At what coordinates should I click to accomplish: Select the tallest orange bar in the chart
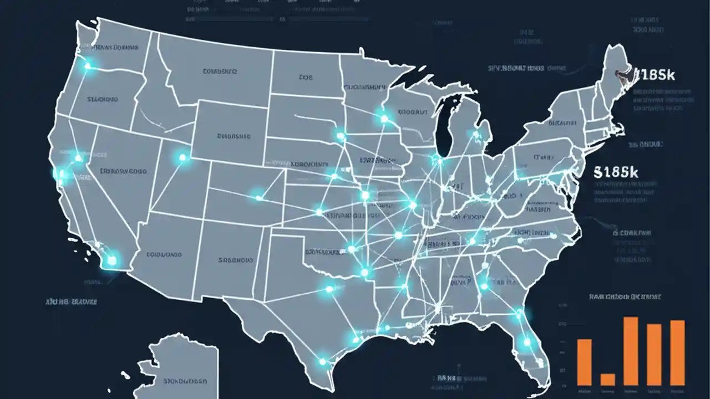(631, 351)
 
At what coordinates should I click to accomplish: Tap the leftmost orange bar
(584, 362)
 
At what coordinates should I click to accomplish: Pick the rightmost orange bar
(677, 352)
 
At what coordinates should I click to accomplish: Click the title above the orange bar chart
(625, 297)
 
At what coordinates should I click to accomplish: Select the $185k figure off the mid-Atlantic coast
(616, 172)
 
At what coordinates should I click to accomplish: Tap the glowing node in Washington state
(87, 66)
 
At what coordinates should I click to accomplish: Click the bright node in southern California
(112, 259)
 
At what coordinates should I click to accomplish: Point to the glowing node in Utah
(182, 158)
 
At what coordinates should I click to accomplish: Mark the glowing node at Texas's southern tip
(322, 361)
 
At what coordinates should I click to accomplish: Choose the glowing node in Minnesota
(384, 118)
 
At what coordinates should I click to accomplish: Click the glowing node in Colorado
(258, 196)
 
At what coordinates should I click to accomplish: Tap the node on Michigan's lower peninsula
(475, 134)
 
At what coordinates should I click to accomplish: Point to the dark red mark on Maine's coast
(620, 72)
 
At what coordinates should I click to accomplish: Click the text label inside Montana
(220, 71)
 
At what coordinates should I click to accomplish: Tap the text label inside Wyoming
(234, 135)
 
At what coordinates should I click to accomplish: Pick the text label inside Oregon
(103, 100)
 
